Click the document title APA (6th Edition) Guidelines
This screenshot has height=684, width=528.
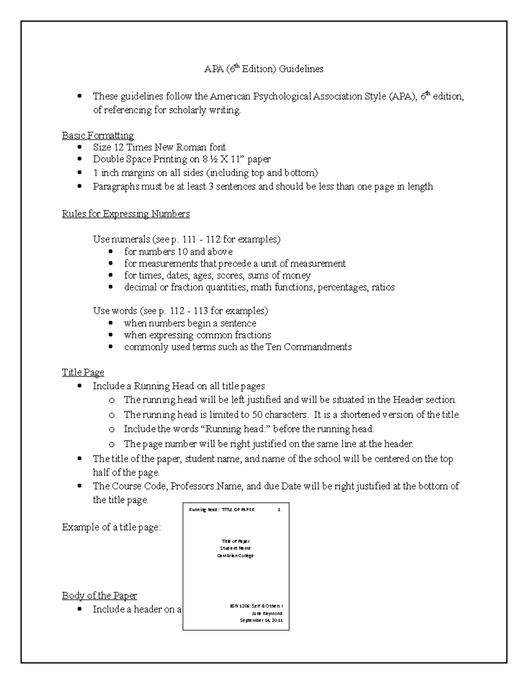pyautogui.click(x=264, y=69)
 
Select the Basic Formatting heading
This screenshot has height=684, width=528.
pyautogui.click(x=98, y=135)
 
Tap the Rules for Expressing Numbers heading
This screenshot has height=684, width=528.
pyautogui.click(x=126, y=214)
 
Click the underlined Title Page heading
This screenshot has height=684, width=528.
pyautogui.click(x=83, y=373)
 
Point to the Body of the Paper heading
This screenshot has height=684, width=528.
pyautogui.click(x=99, y=596)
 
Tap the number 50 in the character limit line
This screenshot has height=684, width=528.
pyautogui.click(x=257, y=414)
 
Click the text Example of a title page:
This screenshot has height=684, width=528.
pyautogui.click(x=111, y=527)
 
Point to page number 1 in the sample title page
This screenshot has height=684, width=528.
pyautogui.click(x=279, y=510)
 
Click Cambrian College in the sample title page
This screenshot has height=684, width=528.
pyautogui.click(x=235, y=556)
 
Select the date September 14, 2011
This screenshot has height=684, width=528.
pyautogui.click(x=261, y=620)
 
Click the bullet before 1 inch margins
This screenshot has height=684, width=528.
pyautogui.click(x=79, y=173)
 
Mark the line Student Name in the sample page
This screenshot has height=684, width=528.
pyautogui.click(x=235, y=548)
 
